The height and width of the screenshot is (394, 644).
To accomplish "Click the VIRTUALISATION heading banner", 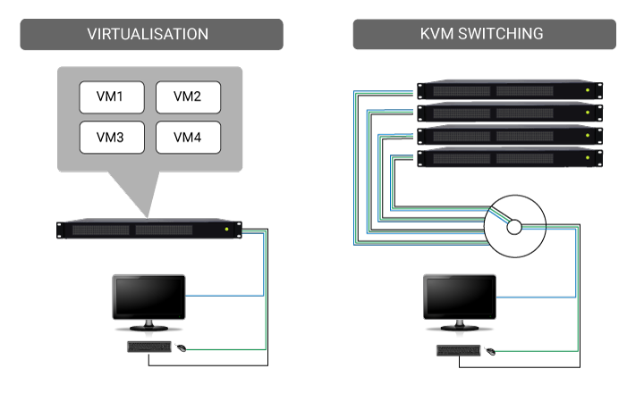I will (148, 35).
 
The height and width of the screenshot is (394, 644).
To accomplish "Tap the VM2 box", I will (188, 96).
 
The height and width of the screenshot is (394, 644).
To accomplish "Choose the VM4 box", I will (188, 137).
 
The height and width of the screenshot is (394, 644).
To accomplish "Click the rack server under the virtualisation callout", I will (148, 229).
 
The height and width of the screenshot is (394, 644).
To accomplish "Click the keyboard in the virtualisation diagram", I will (148, 347).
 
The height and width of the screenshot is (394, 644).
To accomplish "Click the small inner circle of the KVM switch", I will (514, 228).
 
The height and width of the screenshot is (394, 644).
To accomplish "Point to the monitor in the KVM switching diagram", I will (458, 299).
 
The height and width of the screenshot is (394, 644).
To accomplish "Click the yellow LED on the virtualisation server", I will (227, 230).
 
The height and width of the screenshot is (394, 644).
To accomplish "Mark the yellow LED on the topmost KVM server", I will (588, 91).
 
